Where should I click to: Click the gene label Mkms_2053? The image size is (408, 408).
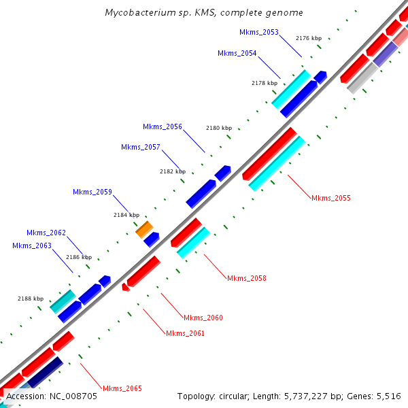tap(259, 32)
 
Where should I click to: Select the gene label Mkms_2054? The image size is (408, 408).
tap(237, 53)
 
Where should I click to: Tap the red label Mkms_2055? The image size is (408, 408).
tap(331, 199)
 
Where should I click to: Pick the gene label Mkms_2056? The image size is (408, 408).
tap(163, 126)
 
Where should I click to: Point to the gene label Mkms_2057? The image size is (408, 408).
tap(141, 148)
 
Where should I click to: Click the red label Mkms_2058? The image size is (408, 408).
tap(247, 278)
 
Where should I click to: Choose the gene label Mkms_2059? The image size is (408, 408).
tap(92, 192)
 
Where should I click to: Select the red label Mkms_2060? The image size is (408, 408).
tap(203, 318)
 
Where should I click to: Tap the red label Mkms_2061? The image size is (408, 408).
tap(185, 333)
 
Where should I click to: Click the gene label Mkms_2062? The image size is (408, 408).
tap(46, 233)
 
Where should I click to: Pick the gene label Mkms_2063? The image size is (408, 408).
tap(32, 245)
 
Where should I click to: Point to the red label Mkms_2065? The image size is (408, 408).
tap(122, 388)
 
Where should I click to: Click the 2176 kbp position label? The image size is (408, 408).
tap(309, 38)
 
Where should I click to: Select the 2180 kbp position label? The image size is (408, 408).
tap(219, 128)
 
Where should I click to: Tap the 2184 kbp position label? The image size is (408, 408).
tap(126, 215)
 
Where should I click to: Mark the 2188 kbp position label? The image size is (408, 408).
tap(31, 299)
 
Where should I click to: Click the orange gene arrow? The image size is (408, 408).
tap(144, 229)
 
